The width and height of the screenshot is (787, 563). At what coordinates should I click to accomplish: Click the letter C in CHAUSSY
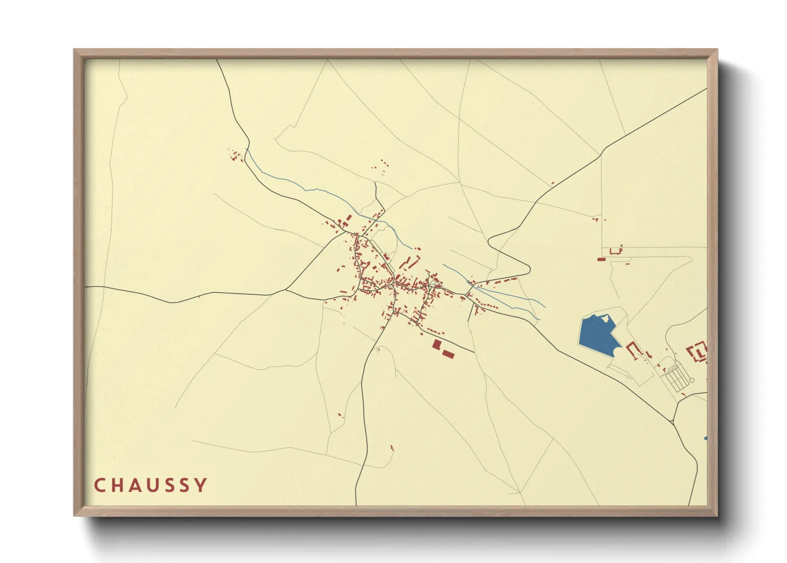point(99,485)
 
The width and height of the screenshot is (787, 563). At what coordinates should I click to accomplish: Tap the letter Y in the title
point(201,485)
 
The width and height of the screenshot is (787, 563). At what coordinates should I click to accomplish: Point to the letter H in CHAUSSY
point(116,485)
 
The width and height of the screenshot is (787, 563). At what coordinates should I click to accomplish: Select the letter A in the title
point(133,485)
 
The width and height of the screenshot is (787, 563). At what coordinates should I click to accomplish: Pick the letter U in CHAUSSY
point(150,485)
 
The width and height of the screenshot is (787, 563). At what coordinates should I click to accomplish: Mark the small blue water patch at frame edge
point(705,438)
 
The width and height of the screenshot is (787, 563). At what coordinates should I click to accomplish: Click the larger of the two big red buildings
point(437,344)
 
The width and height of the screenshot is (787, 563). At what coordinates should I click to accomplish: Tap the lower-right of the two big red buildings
point(448,354)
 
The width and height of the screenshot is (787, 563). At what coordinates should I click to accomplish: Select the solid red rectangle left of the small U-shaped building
point(601,260)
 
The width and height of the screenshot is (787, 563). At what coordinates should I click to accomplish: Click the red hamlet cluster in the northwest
point(236,156)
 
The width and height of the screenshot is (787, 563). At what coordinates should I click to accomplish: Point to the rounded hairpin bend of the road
point(492,239)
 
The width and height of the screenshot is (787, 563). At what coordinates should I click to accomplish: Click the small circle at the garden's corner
point(692,380)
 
